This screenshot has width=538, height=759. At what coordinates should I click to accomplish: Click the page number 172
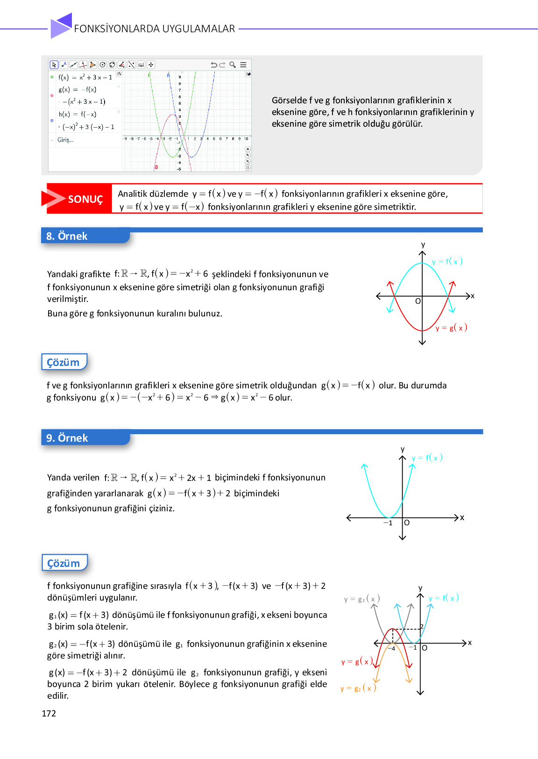(49, 713)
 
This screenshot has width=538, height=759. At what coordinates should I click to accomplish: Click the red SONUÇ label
(85, 200)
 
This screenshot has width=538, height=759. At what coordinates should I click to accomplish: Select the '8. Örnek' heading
(67, 236)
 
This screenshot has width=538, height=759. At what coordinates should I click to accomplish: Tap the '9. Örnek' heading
(67, 438)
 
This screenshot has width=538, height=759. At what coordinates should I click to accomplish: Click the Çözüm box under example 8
(64, 362)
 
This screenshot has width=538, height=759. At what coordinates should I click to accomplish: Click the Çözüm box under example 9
(64, 563)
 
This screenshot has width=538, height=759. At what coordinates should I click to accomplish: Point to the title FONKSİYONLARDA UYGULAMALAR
(155, 29)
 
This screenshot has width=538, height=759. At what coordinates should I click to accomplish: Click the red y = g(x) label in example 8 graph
(451, 328)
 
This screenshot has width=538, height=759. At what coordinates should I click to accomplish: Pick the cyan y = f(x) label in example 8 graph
(447, 261)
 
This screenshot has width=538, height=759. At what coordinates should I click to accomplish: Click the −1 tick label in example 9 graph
(388, 523)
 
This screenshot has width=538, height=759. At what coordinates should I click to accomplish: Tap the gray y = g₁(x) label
(362, 599)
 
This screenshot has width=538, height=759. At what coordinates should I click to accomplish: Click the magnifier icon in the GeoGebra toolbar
(232, 65)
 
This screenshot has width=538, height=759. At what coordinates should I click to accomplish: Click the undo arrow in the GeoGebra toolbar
(214, 65)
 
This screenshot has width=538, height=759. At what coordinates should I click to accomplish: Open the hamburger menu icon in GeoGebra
(243, 65)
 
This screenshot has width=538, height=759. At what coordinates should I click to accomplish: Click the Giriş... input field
(65, 140)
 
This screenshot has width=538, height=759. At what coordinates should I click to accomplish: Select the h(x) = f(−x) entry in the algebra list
(78, 114)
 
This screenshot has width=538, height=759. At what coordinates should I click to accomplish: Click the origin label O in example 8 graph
(418, 301)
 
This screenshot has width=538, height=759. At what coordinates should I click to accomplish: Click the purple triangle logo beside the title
(61, 26)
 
